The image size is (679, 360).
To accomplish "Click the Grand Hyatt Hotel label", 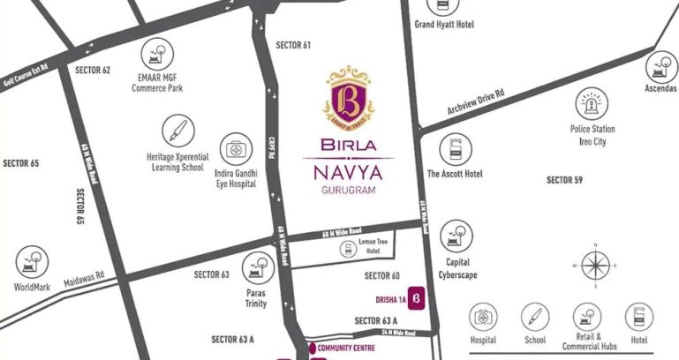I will click(444, 25).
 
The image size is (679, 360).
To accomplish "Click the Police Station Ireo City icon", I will click(592, 104).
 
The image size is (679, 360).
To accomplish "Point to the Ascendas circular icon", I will click(660, 66).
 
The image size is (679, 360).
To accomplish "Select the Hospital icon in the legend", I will click(483, 316).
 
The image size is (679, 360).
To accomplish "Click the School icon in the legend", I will click(533, 316).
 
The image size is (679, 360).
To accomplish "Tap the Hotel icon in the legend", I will click(638, 316).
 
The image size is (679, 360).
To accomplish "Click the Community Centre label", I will click(346, 348).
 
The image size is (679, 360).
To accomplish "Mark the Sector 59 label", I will click(564, 180).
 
